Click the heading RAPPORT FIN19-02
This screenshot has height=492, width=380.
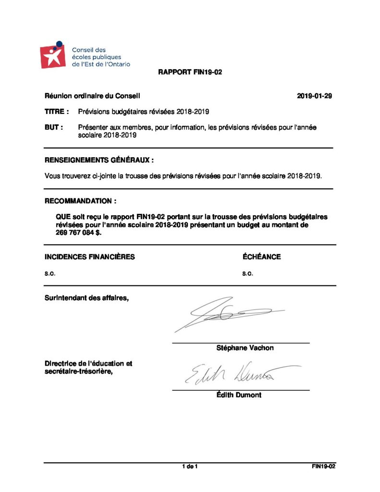tap(190, 73)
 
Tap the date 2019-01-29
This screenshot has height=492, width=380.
tap(315, 96)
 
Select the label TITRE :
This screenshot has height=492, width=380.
tap(57, 111)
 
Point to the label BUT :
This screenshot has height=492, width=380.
tap(54, 127)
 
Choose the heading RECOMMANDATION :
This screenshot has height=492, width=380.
tap(80, 200)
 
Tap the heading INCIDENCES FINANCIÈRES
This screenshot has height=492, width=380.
tap(90, 257)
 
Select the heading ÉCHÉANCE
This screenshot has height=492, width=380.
tap(262, 257)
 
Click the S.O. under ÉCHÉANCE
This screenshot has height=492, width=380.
tap(247, 274)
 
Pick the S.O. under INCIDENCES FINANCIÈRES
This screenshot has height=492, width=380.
tap(50, 274)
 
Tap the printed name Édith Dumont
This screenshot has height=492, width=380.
tap(239, 395)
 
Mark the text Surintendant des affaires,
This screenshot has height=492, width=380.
tap(87, 297)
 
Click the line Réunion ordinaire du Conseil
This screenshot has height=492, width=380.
tap(92, 96)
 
